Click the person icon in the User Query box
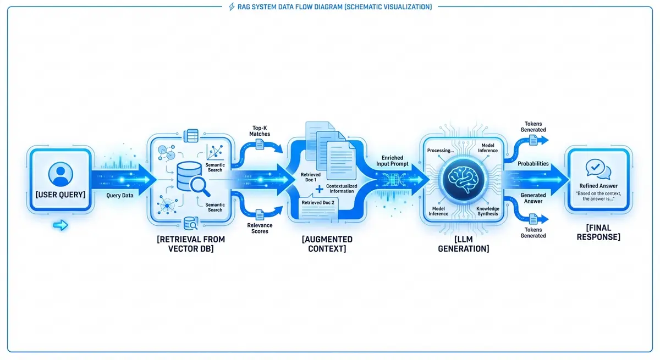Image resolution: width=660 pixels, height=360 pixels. coord(61,174)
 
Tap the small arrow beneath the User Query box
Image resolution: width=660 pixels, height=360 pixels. coord(61,225)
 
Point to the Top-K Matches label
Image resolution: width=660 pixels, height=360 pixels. coord(261,131)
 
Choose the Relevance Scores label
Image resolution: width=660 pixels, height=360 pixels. coord(260,228)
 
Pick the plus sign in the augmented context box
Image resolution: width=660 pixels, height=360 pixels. coord(319,190)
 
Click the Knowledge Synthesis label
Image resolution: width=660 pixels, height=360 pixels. coord(487,211)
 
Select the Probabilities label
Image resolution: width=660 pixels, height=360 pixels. coord(533,164)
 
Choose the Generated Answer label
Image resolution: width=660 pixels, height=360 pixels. coord(533,198)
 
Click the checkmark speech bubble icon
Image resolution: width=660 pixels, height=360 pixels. coord(598,168)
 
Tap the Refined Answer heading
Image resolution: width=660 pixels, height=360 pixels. coord(598,186)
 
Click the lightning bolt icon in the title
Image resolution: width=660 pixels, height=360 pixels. coord(231,7)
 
